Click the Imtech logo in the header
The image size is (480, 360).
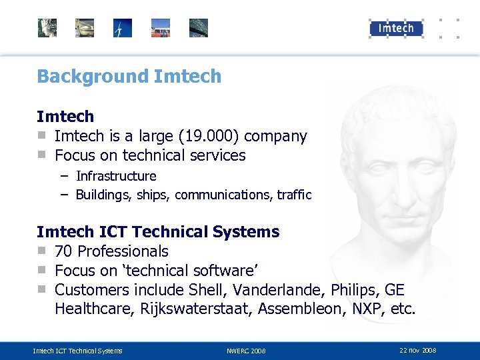point(396,28)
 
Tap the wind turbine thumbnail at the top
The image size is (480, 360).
point(123,28)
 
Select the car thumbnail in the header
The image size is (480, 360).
point(85,28)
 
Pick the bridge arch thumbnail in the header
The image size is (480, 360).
point(199,28)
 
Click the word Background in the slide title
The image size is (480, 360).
point(93,76)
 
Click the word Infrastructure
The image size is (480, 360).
point(116,176)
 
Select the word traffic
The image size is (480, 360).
point(295,195)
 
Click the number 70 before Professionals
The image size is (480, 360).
point(64,251)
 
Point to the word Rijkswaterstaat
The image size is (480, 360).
point(196,309)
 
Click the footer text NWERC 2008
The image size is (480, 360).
point(246,351)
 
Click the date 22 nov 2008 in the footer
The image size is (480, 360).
point(418,350)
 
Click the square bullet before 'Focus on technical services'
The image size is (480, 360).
point(41,155)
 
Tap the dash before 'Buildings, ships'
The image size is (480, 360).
point(64,195)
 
